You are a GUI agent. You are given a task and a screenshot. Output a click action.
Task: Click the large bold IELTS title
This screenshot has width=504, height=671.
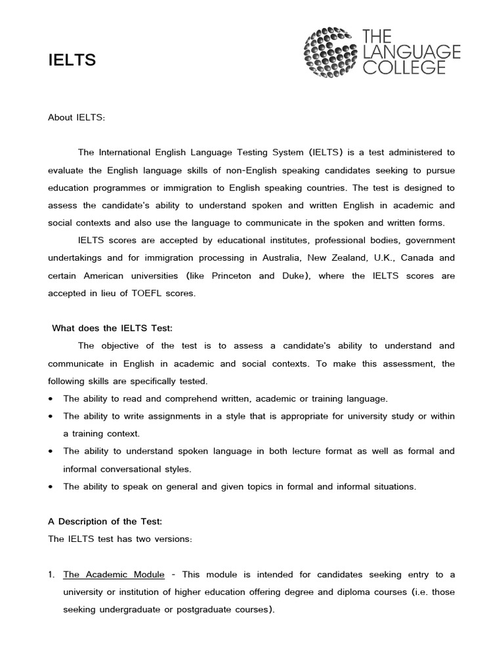[x=72, y=61]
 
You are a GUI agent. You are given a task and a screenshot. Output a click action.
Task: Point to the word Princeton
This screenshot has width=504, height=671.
[x=228, y=276]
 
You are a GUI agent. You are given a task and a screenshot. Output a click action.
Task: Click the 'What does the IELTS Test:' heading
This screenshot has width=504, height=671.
[x=112, y=328]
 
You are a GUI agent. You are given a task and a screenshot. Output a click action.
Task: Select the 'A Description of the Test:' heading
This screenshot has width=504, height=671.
[x=104, y=522]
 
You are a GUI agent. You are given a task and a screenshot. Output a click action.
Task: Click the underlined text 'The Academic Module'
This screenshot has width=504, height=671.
[x=114, y=575]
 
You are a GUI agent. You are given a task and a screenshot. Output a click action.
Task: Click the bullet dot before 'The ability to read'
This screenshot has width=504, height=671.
[x=51, y=398]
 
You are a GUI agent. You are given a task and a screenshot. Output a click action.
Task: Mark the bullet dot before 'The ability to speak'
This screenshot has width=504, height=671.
[x=51, y=487]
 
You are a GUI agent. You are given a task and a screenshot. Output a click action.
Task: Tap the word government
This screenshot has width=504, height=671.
[x=427, y=240]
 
